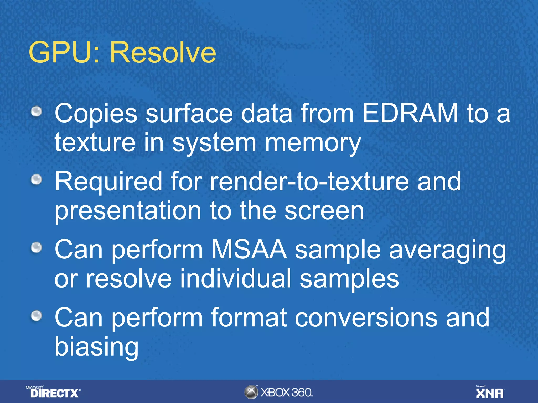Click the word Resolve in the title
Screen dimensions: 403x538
click(163, 52)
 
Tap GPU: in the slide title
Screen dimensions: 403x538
click(65, 52)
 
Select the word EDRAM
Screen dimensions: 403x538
click(410, 113)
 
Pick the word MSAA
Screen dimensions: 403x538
click(249, 249)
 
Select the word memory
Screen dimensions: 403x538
click(313, 143)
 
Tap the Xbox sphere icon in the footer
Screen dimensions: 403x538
click(251, 392)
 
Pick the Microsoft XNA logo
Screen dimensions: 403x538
click(490, 392)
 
